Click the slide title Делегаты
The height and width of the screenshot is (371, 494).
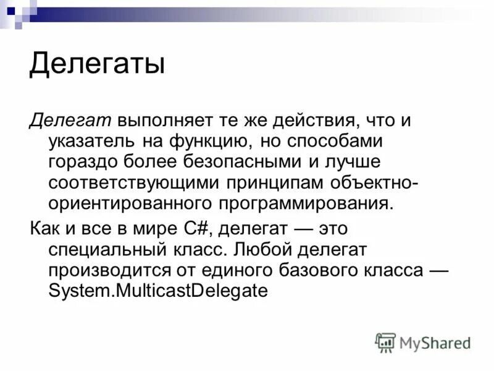[97, 64]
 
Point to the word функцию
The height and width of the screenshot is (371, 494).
[207, 142]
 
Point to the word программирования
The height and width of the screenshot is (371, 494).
[304, 205]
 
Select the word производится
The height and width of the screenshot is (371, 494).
[102, 270]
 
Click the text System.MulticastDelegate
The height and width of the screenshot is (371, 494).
[158, 291]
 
